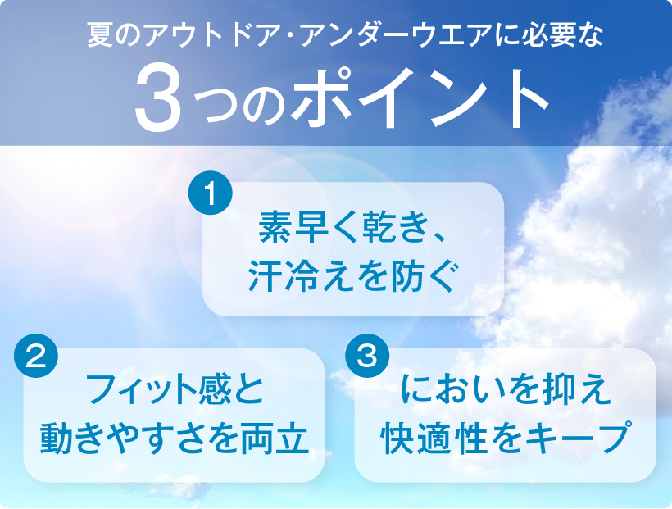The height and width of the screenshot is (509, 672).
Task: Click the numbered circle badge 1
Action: click(x=211, y=193)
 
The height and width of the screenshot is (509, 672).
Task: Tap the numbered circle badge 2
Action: click(x=36, y=356)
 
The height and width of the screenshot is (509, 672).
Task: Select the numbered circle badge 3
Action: click(x=367, y=356)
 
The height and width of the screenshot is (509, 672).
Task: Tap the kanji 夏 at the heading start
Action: click(x=100, y=35)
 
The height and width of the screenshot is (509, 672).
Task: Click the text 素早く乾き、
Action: click(x=352, y=227)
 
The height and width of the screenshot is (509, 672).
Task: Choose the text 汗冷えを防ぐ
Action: click(x=352, y=276)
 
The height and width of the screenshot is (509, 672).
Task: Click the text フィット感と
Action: click(x=175, y=389)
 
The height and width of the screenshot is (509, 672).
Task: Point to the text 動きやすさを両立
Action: click(x=175, y=439)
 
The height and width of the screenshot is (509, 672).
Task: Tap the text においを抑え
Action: click(x=506, y=389)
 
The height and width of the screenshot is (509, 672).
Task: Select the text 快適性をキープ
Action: click(x=506, y=439)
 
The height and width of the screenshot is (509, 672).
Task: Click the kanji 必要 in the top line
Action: click(x=547, y=35)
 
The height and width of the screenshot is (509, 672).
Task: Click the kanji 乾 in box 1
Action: click(x=379, y=227)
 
